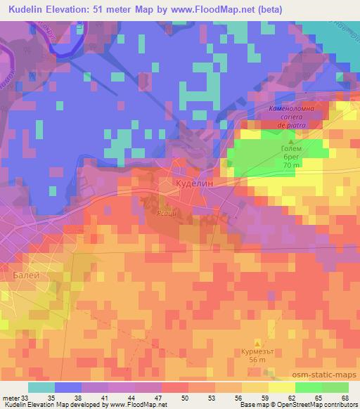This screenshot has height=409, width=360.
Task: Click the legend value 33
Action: (27, 397)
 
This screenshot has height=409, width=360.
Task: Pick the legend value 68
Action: (344, 397)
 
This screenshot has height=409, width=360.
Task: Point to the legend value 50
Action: (186, 397)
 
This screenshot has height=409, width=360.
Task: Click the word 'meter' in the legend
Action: (11, 397)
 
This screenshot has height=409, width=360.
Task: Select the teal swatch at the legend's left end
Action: (41, 387)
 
